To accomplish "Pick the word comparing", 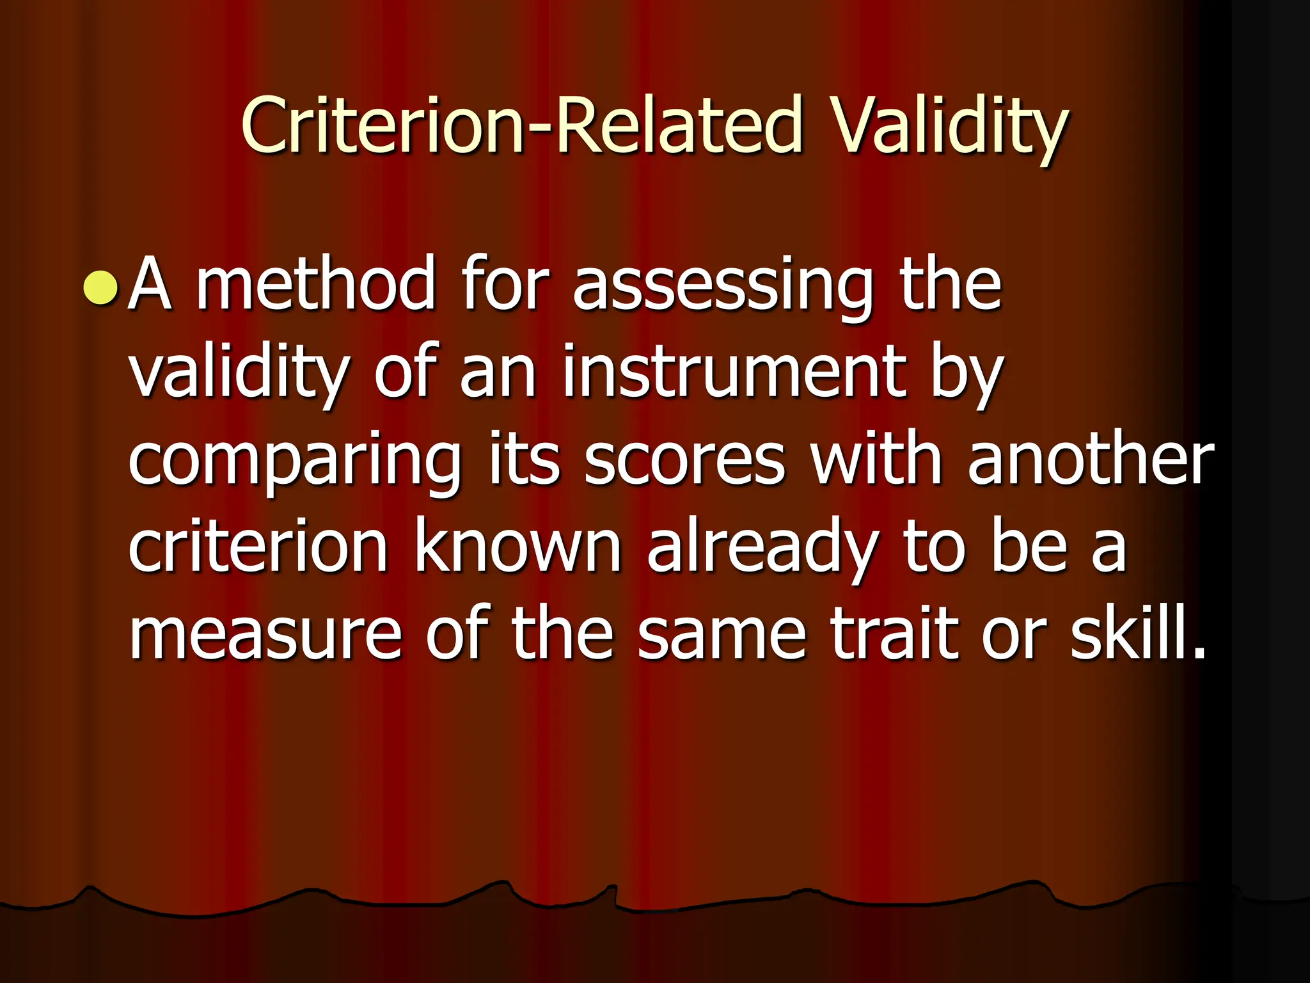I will coord(295,461).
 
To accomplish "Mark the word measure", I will coord(265,634).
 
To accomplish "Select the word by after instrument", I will coord(966,374).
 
